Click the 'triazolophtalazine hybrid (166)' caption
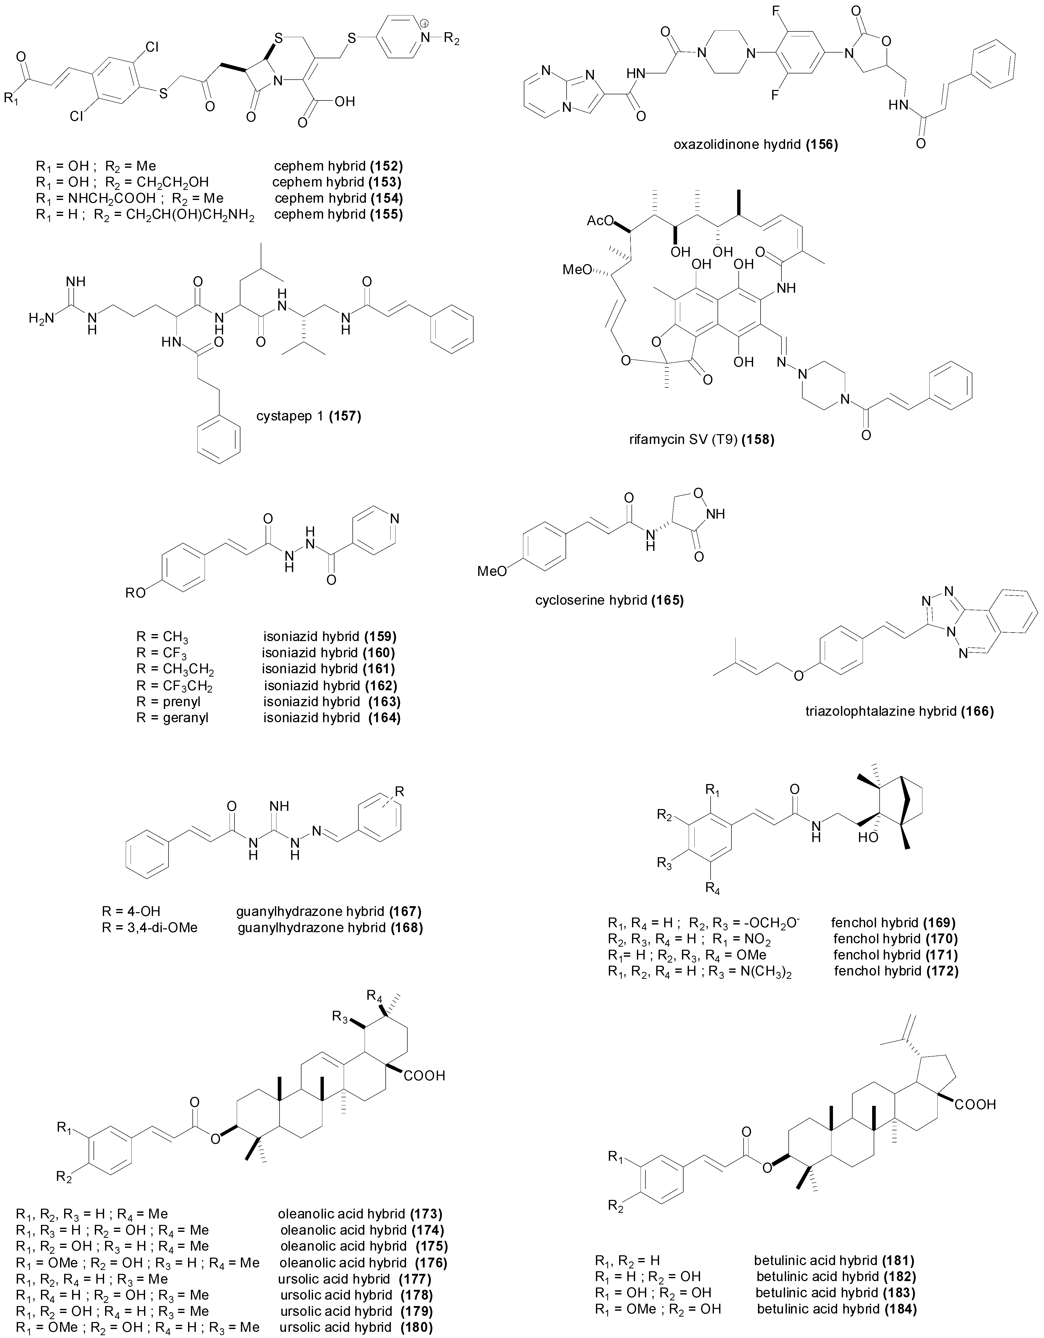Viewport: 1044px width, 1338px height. pyautogui.click(x=900, y=711)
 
